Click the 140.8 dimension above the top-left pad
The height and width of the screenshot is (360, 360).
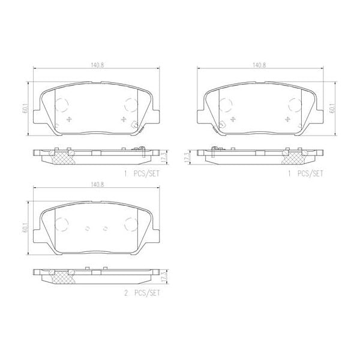point(97,65)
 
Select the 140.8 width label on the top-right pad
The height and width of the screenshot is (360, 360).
point(259,65)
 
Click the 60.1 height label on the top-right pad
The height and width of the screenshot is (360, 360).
point(332,109)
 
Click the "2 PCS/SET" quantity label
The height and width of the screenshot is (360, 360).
point(142,294)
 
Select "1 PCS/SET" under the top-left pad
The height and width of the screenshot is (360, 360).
point(142,175)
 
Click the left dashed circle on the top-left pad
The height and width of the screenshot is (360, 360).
point(62,106)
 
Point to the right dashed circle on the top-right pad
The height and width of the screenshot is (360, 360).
point(295,106)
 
